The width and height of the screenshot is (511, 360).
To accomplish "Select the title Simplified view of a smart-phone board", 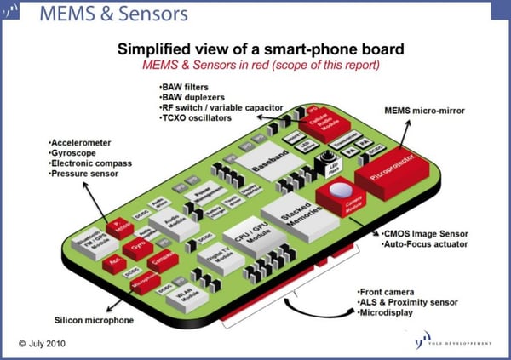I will (x=254, y=49).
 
